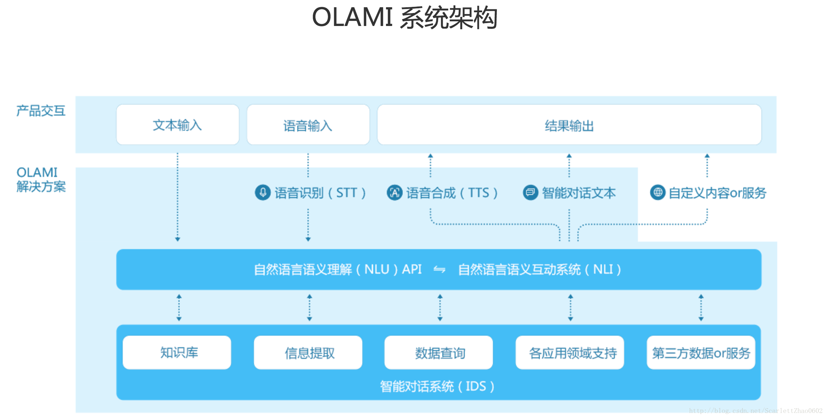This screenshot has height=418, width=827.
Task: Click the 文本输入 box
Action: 178,125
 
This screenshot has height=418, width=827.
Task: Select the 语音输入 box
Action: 308,125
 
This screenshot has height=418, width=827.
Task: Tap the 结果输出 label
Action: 569,126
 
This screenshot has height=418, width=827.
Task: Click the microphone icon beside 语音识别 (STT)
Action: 263,192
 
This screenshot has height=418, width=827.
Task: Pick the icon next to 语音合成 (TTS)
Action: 394,192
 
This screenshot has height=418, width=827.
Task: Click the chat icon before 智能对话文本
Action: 530,192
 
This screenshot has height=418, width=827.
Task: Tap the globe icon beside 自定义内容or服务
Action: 657,192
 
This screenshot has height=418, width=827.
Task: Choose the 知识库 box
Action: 177,352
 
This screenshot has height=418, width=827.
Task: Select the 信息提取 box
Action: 308,352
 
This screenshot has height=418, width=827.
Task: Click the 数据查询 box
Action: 438,352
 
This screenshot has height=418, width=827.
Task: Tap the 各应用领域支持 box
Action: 570,352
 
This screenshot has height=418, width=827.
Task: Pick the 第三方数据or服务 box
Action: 701,352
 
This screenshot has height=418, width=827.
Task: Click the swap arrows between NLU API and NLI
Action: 439,269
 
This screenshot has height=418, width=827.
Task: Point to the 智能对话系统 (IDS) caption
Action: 437,386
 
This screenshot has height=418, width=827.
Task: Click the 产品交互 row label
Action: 41,111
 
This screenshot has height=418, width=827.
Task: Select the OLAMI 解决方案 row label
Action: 41,179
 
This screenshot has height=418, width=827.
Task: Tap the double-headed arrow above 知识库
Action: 179,308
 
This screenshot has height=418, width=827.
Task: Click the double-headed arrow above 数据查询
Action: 440,308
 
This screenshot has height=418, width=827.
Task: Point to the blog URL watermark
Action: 756,411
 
